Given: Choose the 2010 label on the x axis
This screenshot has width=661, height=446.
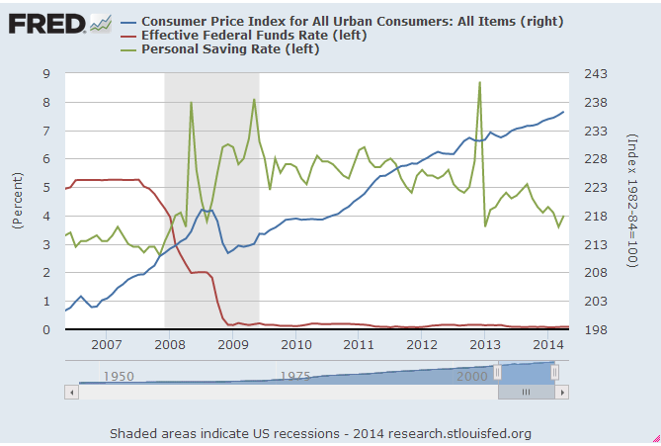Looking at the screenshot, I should (x=295, y=345).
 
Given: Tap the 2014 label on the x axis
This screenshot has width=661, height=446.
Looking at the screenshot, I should (x=548, y=345).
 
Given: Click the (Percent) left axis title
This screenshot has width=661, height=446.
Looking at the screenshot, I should (x=18, y=202).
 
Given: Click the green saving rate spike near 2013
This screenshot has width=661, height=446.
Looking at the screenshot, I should (x=479, y=83).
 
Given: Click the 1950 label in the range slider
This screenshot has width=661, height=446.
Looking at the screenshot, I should (x=120, y=377).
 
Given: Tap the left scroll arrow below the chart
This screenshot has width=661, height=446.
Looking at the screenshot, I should (x=70, y=392).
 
